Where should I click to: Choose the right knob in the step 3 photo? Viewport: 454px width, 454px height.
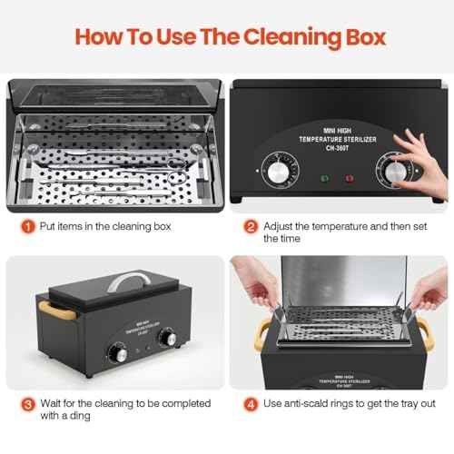[167, 338]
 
